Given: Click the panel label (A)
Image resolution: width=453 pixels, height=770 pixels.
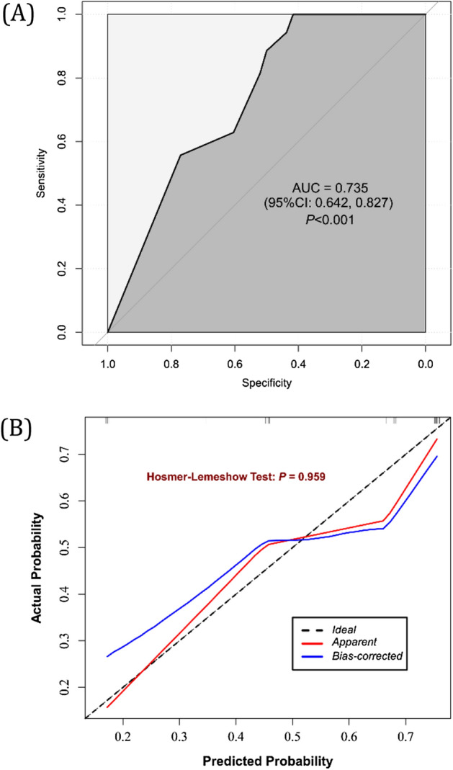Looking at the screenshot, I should point(19,14).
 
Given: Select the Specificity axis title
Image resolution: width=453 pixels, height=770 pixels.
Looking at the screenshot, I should point(266,383).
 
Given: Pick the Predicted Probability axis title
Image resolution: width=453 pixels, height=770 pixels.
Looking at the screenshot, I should point(267,760).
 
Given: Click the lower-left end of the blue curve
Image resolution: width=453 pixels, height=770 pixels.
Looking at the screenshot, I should point(107,656).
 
